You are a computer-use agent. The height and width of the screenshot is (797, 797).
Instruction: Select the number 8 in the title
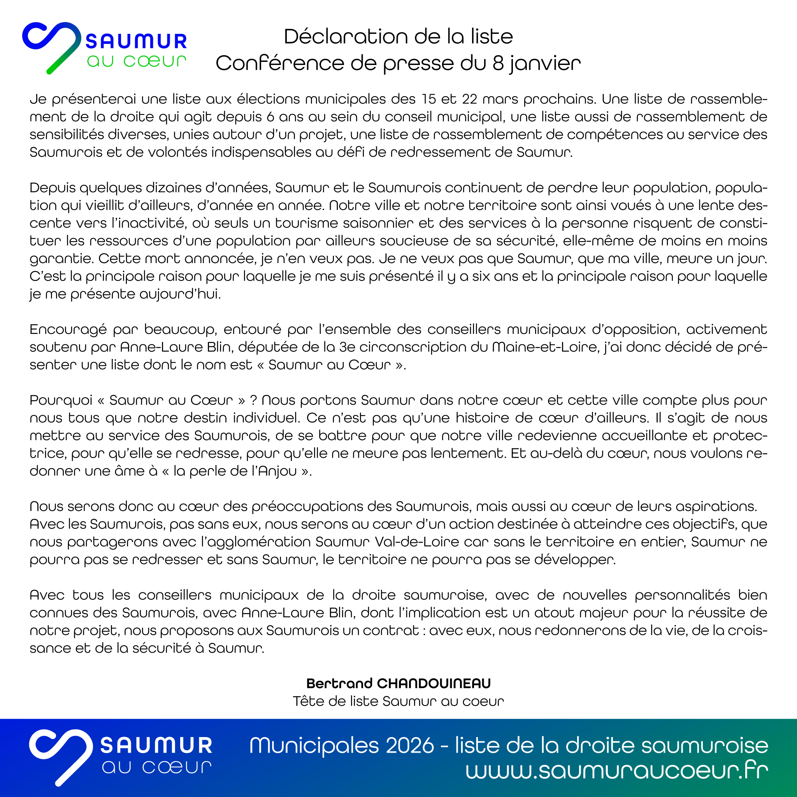[498, 63]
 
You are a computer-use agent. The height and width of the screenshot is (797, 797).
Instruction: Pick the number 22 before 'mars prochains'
[469, 99]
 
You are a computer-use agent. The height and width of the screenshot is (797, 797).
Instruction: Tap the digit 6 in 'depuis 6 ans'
[270, 117]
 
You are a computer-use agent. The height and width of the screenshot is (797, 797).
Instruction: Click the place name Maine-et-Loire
[544, 348]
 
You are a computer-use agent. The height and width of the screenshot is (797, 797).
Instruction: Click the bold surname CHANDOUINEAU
[434, 683]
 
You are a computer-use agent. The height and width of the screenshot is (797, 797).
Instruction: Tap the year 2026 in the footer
[410, 745]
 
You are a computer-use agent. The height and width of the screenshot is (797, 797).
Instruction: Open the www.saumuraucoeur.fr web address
[617, 770]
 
